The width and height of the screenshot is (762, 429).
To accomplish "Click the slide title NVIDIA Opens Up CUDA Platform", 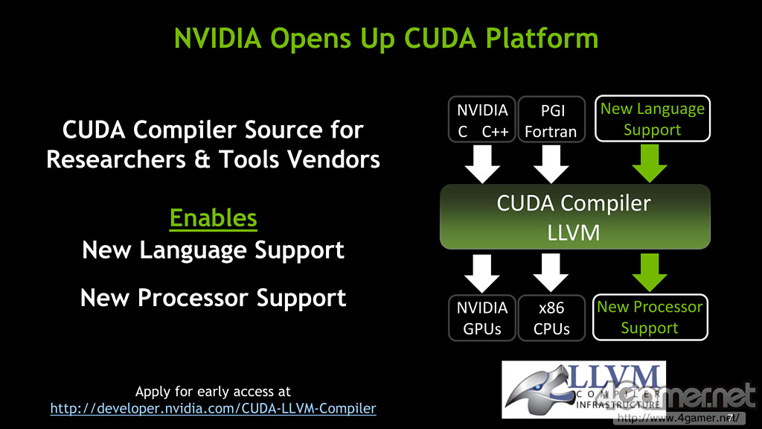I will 385,37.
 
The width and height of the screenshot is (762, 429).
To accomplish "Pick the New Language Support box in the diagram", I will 652,119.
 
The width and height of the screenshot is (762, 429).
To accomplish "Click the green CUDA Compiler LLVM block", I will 574,217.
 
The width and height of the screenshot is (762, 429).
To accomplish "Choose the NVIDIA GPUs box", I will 482,318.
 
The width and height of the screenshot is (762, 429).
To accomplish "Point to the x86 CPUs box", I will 551,318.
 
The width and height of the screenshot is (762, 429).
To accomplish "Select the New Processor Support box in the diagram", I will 650,317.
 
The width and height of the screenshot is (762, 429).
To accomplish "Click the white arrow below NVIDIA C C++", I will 482,164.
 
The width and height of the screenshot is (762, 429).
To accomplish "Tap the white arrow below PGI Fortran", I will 551,164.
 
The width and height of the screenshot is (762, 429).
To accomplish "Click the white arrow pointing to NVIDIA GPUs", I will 482,272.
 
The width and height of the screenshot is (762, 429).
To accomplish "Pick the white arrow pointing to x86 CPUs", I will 551,272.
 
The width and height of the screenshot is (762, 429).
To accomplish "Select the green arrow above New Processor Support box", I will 650,272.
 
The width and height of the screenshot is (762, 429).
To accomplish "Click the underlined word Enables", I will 214,218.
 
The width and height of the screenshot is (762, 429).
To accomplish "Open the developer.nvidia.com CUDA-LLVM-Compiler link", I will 213,408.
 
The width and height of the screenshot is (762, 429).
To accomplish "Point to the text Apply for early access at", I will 213,391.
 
